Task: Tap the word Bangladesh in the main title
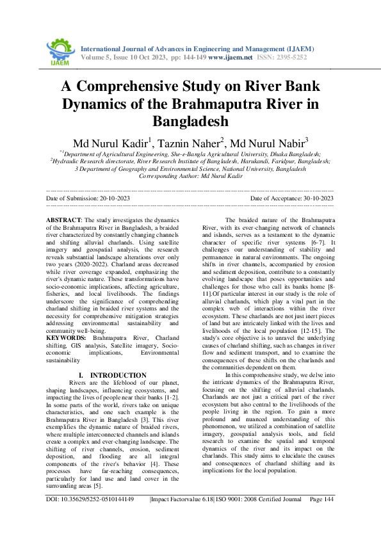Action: [190, 120]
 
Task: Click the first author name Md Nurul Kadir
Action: [111, 141]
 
